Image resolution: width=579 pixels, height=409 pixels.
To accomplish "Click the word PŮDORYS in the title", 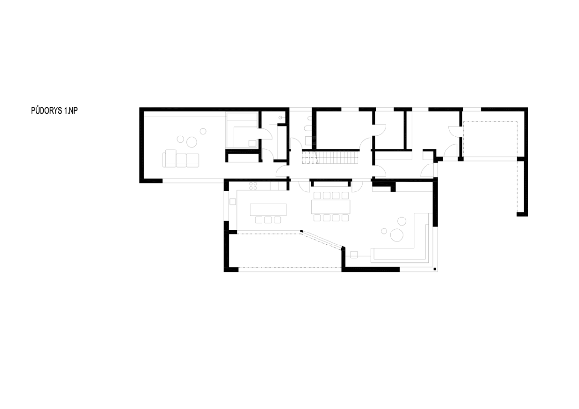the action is coord(46,110).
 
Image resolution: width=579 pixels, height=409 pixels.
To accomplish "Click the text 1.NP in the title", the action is coord(70,110).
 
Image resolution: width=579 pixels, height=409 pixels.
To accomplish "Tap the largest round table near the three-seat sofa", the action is coord(192,142).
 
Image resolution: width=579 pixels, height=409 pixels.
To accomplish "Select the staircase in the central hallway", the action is coord(330,158).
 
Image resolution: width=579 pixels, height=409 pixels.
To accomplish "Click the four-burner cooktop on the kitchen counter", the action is coord(253,186).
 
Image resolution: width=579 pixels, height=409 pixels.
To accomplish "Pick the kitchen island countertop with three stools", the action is coord(268,209).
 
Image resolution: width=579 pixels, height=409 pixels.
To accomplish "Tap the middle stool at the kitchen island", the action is coord(268,220).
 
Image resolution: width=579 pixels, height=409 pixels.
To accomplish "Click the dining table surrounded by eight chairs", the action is coord(331,207).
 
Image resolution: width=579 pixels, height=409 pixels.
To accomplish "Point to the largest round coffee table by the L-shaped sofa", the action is coord(397,235).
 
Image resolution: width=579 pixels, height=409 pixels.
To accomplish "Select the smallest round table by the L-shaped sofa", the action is coord(384,231).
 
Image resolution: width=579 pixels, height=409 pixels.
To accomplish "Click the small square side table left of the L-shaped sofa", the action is coord(354,255).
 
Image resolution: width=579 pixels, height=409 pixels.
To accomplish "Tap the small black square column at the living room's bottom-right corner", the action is coord(435,269).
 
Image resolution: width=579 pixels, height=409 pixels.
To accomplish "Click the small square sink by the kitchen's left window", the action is coord(233,202).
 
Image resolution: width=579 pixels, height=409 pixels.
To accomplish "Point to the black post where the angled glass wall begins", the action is coord(302,231).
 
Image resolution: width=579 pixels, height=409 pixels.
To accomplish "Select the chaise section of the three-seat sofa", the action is coord(171,158).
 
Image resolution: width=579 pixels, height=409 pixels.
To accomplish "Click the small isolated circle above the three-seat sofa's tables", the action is coord(203,131).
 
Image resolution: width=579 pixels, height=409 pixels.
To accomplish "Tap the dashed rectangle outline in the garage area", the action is coord(490,139).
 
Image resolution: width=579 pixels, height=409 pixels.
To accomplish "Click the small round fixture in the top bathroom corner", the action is coord(280,118).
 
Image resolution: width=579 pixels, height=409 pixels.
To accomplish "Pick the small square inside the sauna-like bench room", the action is coord(252,143).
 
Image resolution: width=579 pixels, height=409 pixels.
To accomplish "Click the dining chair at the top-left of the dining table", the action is coord(317,195).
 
